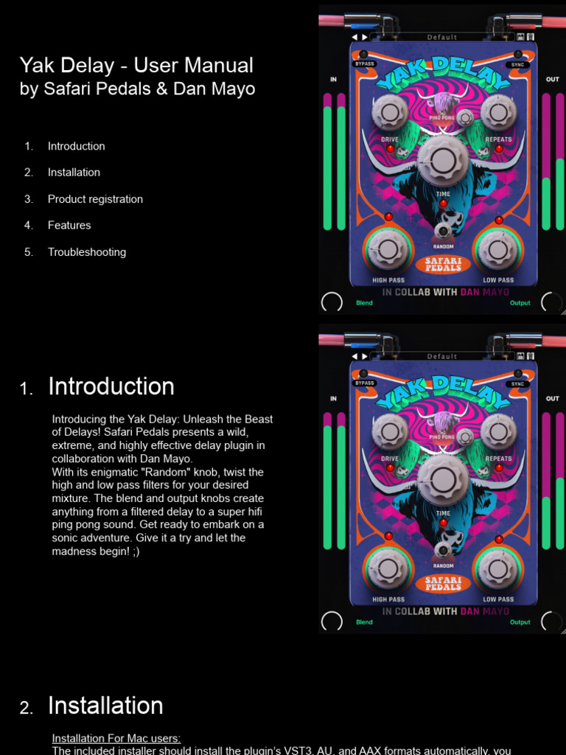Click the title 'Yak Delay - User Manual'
(136, 66)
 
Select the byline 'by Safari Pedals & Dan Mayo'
(137, 89)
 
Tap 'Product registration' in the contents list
(95, 199)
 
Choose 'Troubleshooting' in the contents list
(87, 252)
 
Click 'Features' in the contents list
(69, 226)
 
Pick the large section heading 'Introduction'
(111, 386)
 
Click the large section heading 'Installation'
(105, 706)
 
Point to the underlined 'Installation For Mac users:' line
(116, 738)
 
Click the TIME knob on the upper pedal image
(442, 159)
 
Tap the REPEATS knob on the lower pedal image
(498, 431)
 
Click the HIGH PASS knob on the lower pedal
(388, 568)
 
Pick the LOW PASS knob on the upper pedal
(498, 249)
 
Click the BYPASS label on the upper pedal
(365, 64)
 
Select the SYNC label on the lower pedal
(518, 383)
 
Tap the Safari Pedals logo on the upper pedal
(443, 264)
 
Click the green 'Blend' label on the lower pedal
(364, 622)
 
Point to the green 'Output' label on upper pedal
(520, 303)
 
